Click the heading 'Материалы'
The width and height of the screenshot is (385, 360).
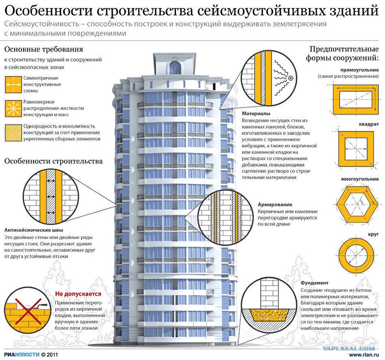pyautogui.click(x=256, y=113)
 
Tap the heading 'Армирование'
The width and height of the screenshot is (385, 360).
pyautogui.click(x=275, y=205)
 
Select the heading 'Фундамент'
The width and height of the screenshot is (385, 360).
pyautogui.click(x=315, y=283)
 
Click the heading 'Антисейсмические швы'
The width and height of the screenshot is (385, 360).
pyautogui.click(x=33, y=230)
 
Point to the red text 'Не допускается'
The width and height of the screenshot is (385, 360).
pyautogui.click(x=78, y=294)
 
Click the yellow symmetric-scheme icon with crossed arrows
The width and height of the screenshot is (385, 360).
pyautogui.click(x=13, y=84)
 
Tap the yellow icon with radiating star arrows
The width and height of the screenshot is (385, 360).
pyautogui.click(x=13, y=108)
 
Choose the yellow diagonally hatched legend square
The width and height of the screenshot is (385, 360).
pyautogui.click(x=13, y=133)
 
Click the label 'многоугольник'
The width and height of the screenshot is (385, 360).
pyautogui.click(x=360, y=179)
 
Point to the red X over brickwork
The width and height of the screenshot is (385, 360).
pyautogui.click(x=28, y=311)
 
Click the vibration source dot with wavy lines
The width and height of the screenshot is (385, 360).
pyautogui.click(x=291, y=78)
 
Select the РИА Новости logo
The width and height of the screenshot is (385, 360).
pyautogui.click(x=22, y=355)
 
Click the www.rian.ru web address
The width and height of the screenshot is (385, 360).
pyautogui.click(x=364, y=355)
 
